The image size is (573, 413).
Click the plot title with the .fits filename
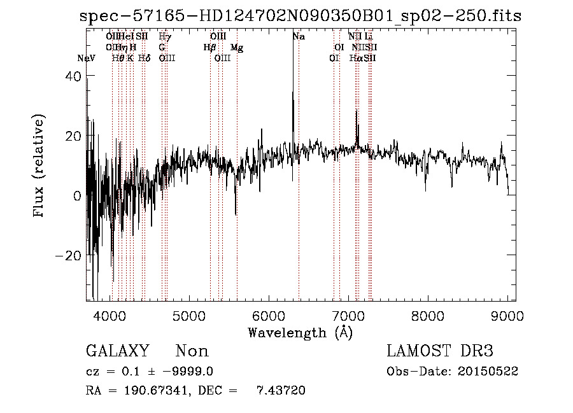coord(300,17)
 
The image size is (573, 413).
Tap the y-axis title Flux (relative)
coord(39,167)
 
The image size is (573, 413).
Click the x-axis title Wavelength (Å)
coord(300,332)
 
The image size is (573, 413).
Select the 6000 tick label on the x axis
coord(269,315)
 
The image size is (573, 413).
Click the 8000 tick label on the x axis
coord(428,315)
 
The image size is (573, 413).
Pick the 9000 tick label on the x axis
coord(507,315)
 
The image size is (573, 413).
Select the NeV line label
coord(86,59)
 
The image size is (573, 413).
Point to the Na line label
coord(299,37)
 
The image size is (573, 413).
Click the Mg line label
coord(236,48)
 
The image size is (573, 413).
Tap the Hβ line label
coord(209,48)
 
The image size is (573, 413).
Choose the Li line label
coord(369,37)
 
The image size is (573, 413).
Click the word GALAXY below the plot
coord(117,351)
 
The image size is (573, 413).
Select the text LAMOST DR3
coord(440,351)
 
